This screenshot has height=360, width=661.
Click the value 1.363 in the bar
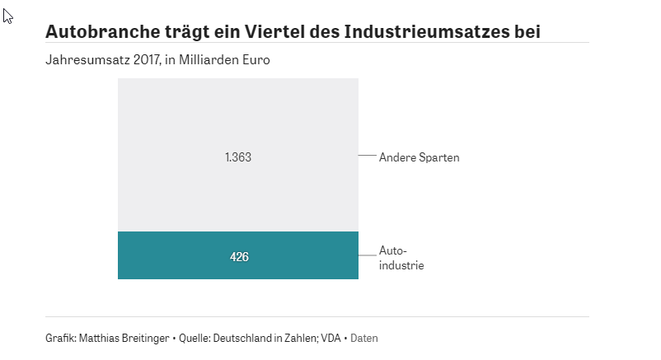point(237,157)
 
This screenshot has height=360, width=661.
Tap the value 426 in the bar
point(239,257)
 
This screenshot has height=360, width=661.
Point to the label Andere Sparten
point(419,157)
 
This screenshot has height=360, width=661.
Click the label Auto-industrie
point(401,258)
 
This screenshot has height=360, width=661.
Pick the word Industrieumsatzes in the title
point(428,32)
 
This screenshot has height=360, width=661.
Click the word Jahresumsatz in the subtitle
point(78,61)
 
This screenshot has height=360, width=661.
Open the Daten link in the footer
point(364,338)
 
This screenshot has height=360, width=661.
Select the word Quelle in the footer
point(195,338)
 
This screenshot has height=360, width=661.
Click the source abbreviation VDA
point(331,338)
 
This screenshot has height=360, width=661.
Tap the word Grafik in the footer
point(59,338)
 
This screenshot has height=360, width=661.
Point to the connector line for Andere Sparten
point(367,156)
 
